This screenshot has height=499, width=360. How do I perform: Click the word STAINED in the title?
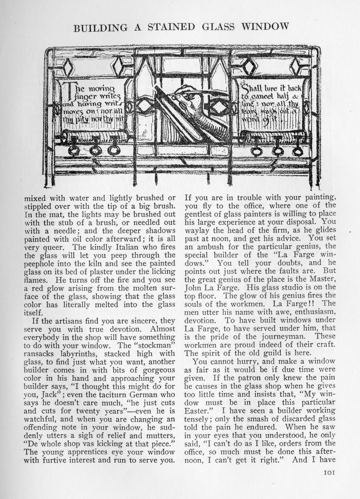170,27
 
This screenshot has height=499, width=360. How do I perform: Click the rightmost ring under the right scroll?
297,150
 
